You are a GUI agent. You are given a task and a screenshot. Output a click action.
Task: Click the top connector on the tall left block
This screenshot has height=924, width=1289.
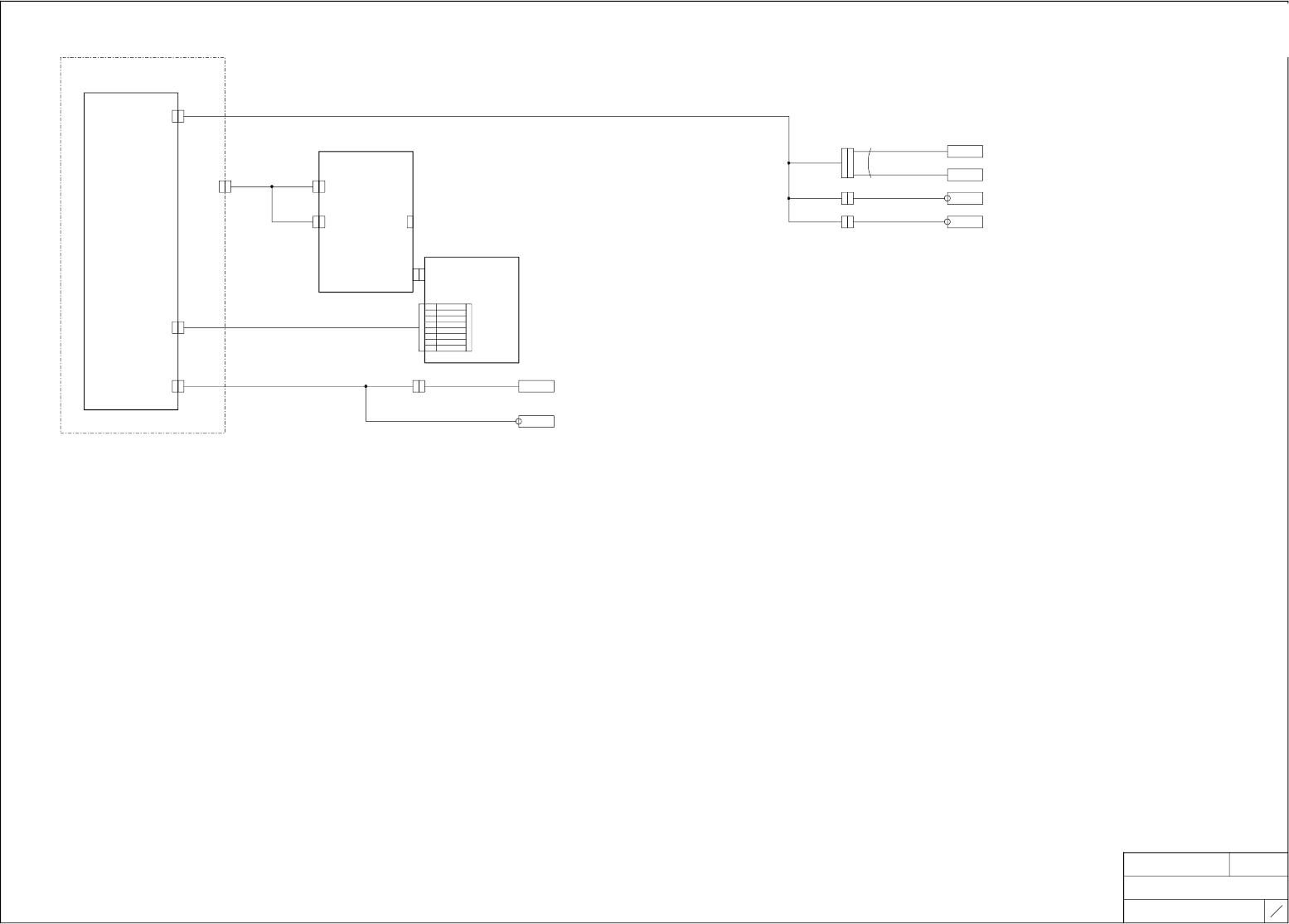pyautogui.click(x=178, y=116)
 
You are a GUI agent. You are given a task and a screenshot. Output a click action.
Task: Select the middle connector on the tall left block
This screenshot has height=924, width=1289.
pyautogui.click(x=178, y=327)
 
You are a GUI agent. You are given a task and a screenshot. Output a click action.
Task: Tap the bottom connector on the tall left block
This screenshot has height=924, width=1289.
pyautogui.click(x=178, y=386)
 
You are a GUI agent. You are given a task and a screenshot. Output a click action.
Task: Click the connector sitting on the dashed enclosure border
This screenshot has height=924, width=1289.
pyautogui.click(x=225, y=186)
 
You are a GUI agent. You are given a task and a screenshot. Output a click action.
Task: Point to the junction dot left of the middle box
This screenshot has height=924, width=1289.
pyautogui.click(x=272, y=186)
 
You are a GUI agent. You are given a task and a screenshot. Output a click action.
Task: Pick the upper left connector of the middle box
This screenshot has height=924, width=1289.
pyautogui.click(x=318, y=186)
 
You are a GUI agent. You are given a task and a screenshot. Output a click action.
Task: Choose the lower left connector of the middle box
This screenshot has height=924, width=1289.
pyautogui.click(x=318, y=222)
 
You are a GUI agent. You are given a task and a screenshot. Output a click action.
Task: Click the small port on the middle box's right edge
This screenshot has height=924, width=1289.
pyautogui.click(x=410, y=222)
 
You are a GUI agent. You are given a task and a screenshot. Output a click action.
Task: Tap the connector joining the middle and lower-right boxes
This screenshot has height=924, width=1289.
pyautogui.click(x=419, y=274)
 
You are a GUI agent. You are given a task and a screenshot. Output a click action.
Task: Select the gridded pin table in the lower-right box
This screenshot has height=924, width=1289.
pyautogui.click(x=445, y=327)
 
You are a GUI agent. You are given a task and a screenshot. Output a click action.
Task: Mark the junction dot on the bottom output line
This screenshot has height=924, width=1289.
pyautogui.click(x=366, y=386)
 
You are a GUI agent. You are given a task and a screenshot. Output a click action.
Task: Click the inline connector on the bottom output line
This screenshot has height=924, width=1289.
pyautogui.click(x=419, y=386)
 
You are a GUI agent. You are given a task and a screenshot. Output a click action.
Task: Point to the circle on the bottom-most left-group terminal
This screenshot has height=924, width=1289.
pyautogui.click(x=520, y=422)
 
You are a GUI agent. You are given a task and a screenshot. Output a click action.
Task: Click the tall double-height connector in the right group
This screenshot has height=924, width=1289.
pyautogui.click(x=847, y=163)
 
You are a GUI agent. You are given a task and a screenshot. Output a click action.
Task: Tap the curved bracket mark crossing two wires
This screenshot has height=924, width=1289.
pyautogui.click(x=870, y=163)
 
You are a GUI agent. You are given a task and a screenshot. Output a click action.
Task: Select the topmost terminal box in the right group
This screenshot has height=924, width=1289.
pyautogui.click(x=965, y=152)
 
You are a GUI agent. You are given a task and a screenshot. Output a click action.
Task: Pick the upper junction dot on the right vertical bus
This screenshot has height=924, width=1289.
pyautogui.click(x=788, y=163)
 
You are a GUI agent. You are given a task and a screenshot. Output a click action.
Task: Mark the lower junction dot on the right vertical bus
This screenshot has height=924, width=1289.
pyautogui.click(x=788, y=199)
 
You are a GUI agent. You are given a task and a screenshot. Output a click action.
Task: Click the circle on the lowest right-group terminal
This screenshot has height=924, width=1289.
pyautogui.click(x=948, y=222)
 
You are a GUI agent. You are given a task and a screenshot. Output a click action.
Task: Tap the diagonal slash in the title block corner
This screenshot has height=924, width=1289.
pyautogui.click(x=1277, y=911)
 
